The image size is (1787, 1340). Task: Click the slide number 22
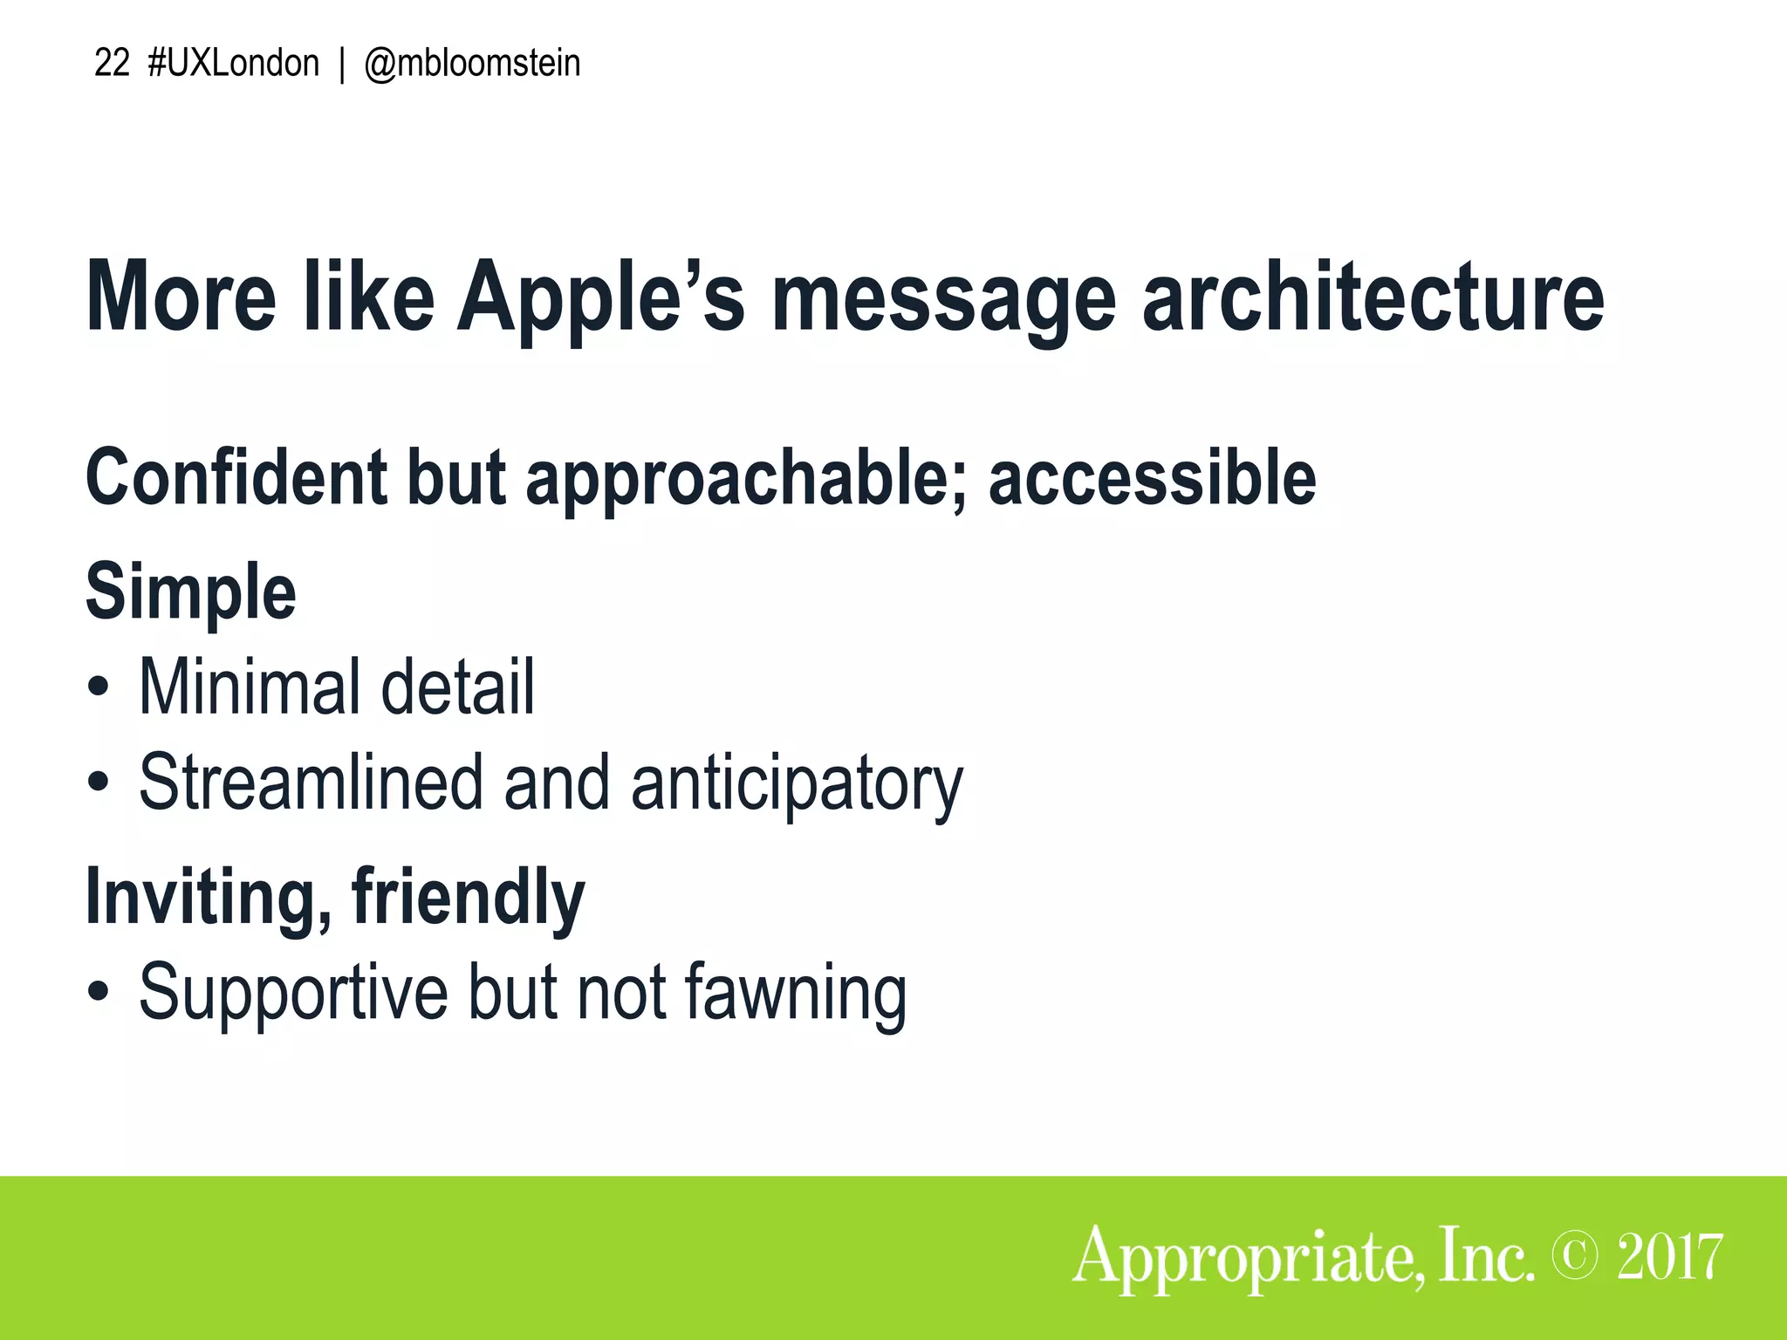pos(111,64)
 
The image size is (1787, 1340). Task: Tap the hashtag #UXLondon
pos(234,64)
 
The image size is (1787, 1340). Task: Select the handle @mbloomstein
pos(472,64)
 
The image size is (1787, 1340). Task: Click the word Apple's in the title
pos(601,297)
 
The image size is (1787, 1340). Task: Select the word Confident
pos(236,477)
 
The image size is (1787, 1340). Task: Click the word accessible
pos(1152,477)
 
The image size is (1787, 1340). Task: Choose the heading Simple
pos(191,592)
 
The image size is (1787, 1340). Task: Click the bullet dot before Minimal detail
pos(99,687)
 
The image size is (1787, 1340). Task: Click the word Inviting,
pos(208,898)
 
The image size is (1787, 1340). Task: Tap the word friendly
pos(468,898)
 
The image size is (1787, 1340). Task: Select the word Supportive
pos(292,992)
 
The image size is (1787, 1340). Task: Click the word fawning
pos(795,994)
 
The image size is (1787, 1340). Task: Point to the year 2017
pos(1669,1257)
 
